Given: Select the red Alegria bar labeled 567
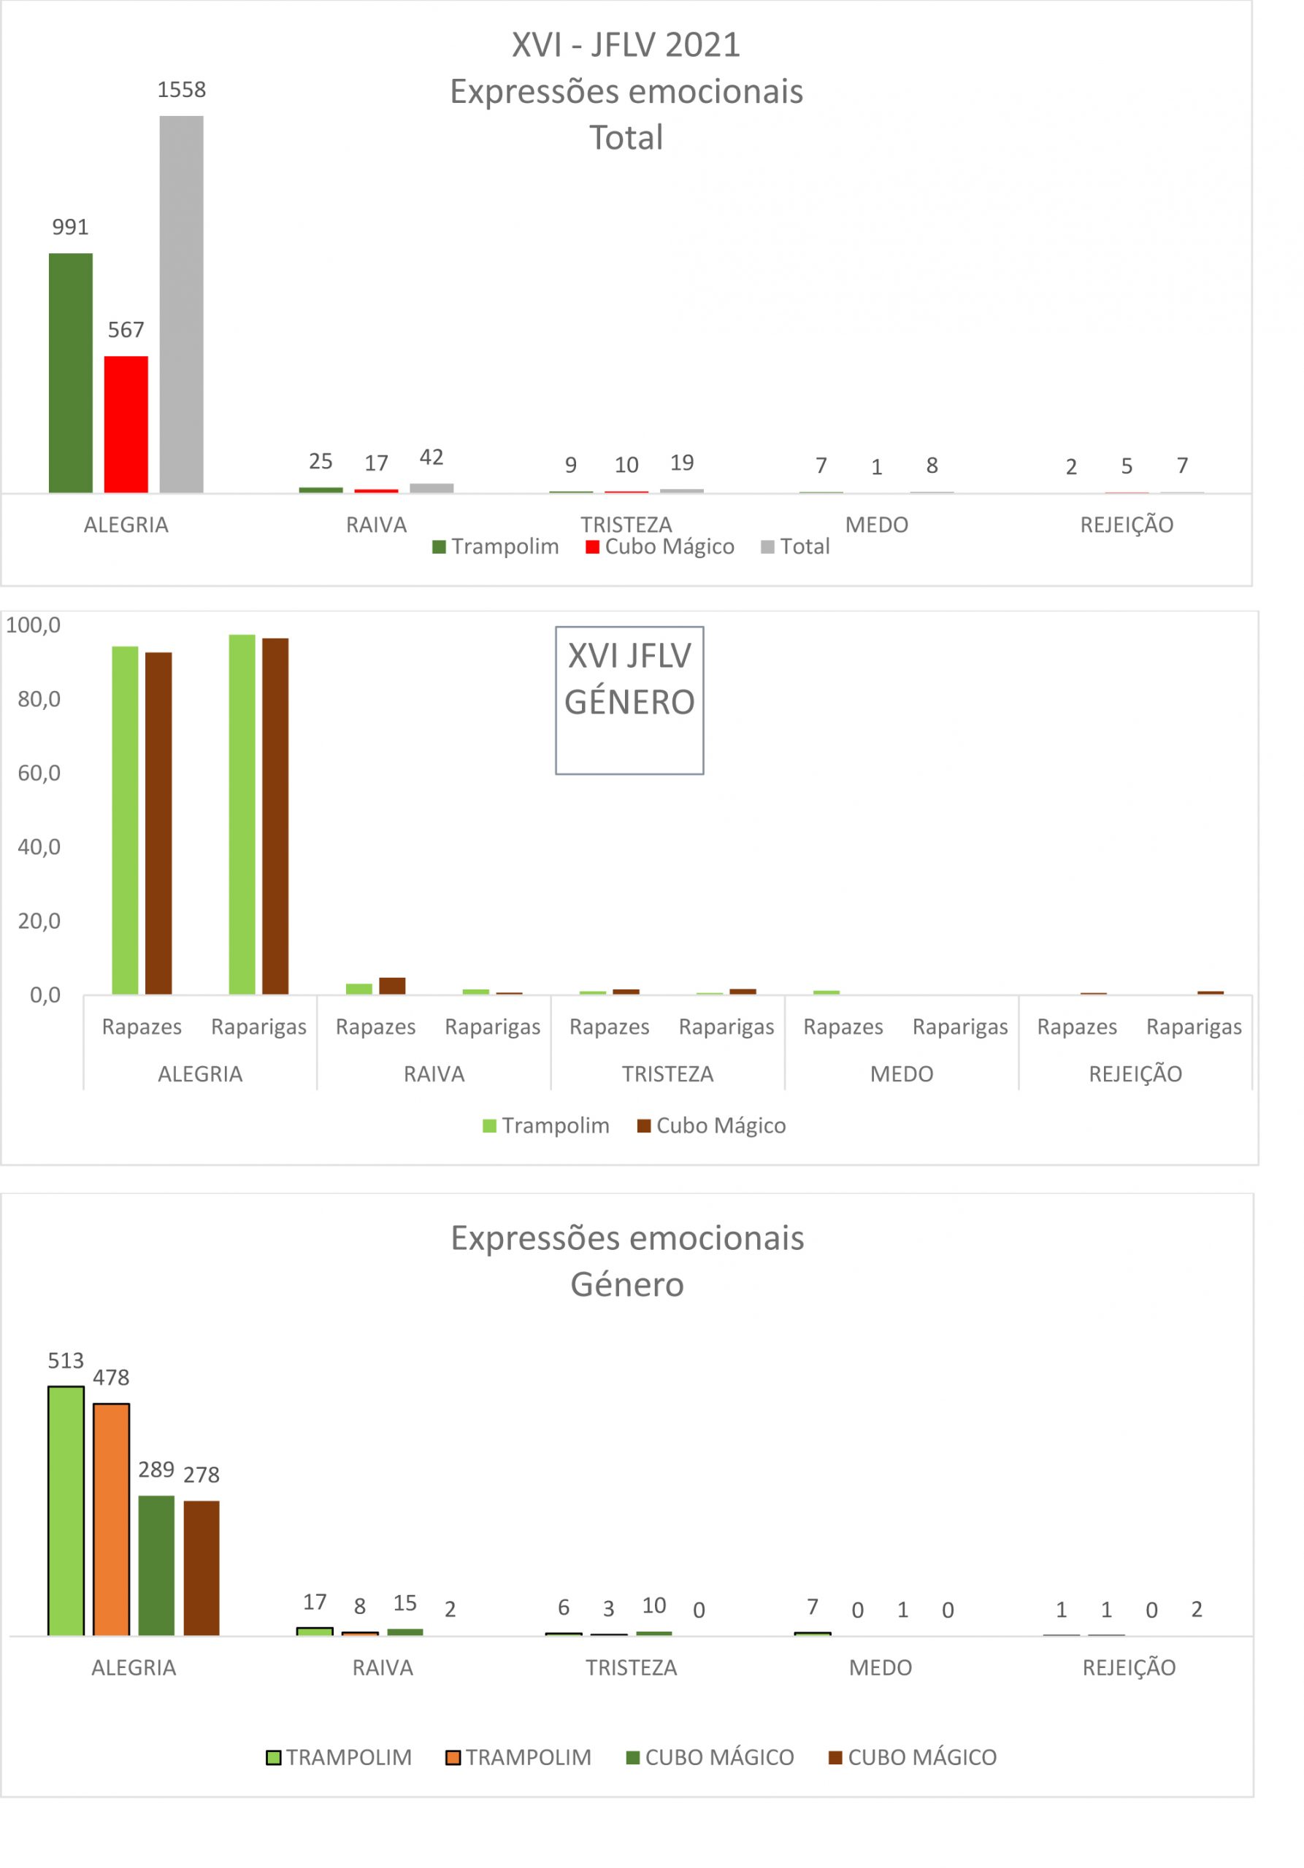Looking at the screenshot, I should pyautogui.click(x=126, y=424).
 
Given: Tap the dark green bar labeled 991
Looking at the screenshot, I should pyautogui.click(x=71, y=373).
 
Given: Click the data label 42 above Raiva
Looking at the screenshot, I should pyautogui.click(x=432, y=458).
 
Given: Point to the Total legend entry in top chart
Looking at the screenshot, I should pyautogui.click(x=794, y=547).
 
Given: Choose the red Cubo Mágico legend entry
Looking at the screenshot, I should pyautogui.click(x=659, y=547).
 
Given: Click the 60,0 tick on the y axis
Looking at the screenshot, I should pyautogui.click(x=39, y=773).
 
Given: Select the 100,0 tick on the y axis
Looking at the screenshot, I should pyautogui.click(x=34, y=625).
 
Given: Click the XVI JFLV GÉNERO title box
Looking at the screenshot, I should pyautogui.click(x=629, y=700).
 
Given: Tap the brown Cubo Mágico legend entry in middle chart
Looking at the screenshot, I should pyautogui.click(x=711, y=1125).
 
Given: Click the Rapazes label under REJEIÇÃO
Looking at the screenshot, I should pyautogui.click(x=1076, y=1027).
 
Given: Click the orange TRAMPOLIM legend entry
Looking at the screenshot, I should pyautogui.click(x=518, y=1757).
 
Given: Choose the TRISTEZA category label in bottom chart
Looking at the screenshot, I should pyautogui.click(x=631, y=1668).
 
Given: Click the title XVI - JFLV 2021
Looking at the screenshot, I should pyautogui.click(x=626, y=45).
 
